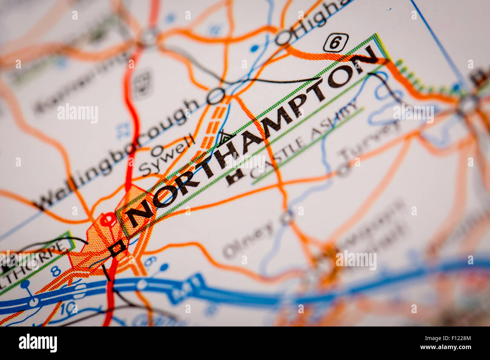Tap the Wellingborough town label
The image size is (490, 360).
pos(117,154)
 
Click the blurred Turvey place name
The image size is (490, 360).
pos(369,145)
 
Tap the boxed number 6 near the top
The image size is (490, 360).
pos(335,43)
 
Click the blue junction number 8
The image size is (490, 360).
pos(56,271)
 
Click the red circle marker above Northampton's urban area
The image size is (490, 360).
pos(107,219)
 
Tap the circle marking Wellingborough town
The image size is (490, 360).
pos(216,96)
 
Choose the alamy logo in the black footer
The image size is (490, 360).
pos(38,343)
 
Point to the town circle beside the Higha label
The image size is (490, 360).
pos(284,38)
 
